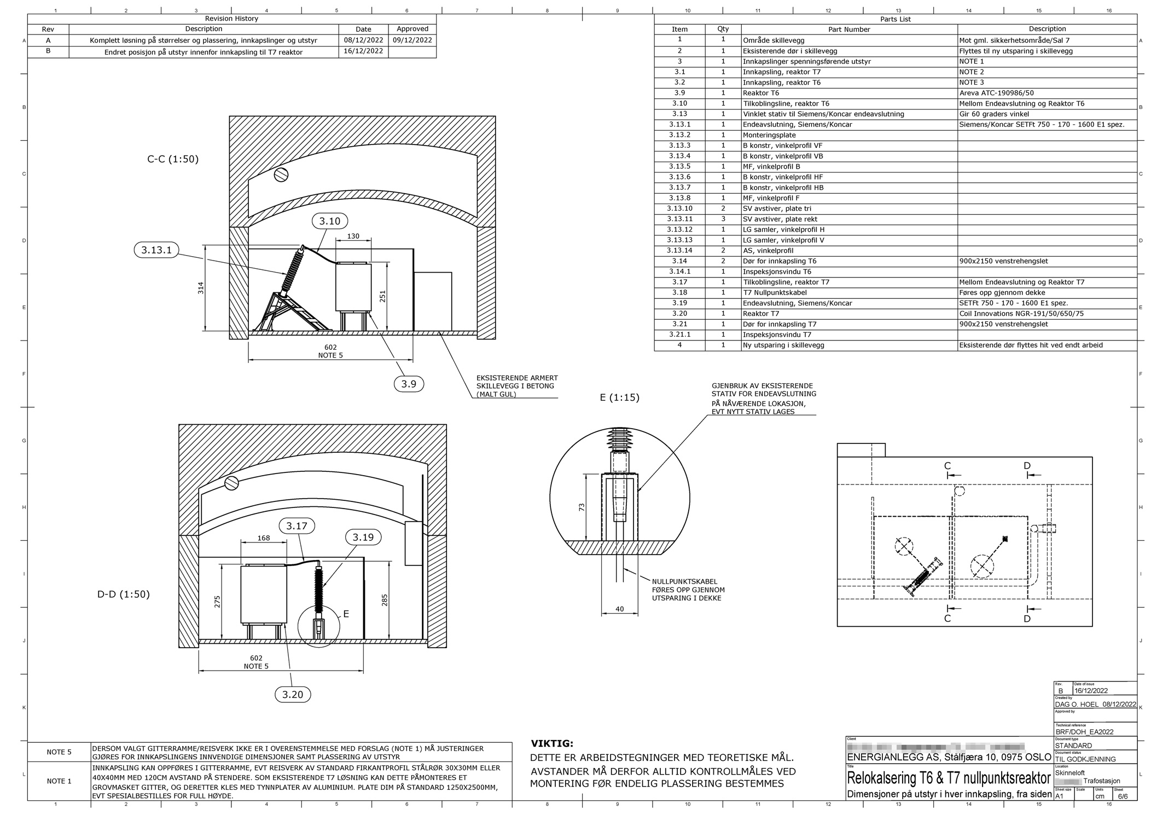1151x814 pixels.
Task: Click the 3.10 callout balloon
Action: click(x=329, y=221)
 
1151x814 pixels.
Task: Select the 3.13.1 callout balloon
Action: click(x=156, y=250)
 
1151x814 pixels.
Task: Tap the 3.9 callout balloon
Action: click(x=409, y=384)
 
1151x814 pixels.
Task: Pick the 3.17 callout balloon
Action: click(x=297, y=526)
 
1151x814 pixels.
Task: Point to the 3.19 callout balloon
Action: click(x=363, y=538)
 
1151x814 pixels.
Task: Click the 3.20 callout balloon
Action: click(x=293, y=695)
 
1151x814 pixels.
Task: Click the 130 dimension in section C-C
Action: click(x=353, y=236)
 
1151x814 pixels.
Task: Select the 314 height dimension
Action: click(x=201, y=287)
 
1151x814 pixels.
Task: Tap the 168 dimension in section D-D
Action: click(x=264, y=538)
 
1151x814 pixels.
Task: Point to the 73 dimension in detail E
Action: click(x=582, y=507)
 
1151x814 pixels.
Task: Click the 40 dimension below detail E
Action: click(x=619, y=609)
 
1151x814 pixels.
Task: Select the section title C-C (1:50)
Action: click(x=173, y=159)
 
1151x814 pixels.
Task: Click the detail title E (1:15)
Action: click(x=619, y=397)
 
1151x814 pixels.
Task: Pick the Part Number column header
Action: click(x=848, y=30)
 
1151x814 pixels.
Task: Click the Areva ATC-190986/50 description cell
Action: click(x=996, y=93)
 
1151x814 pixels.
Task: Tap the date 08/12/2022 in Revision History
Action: click(x=363, y=40)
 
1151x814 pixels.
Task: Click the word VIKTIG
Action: click(x=552, y=743)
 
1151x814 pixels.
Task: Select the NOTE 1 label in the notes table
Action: click(x=59, y=781)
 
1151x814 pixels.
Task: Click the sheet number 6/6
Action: click(x=1123, y=796)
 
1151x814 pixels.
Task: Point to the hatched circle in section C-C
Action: click(x=281, y=175)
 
